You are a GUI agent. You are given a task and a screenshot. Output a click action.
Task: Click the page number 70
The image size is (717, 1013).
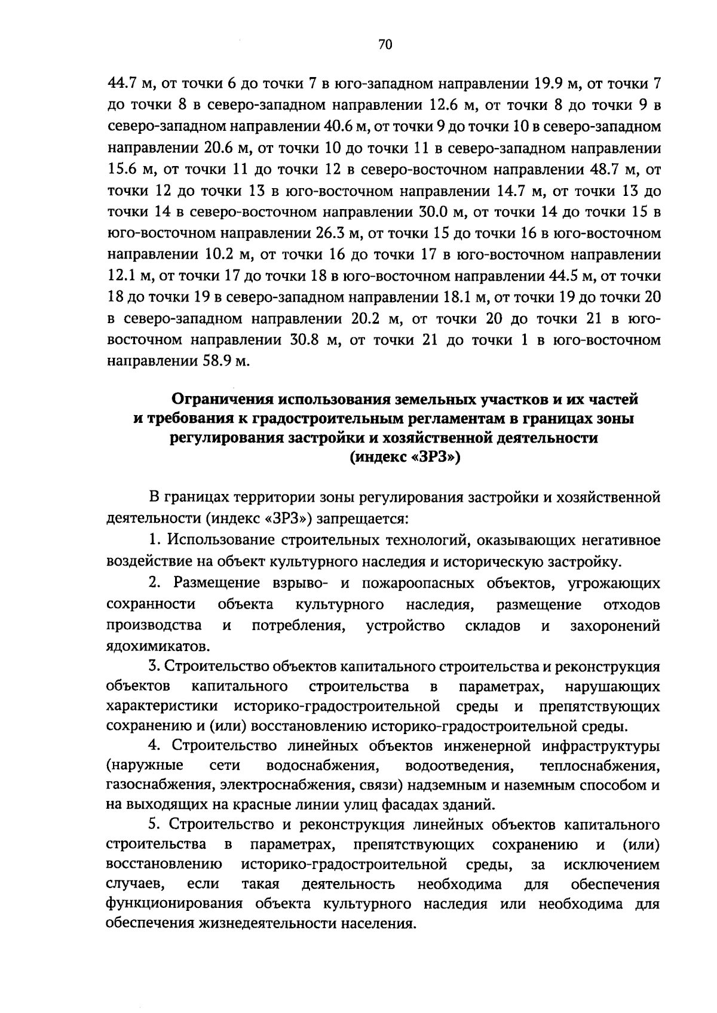pyautogui.click(x=385, y=45)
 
